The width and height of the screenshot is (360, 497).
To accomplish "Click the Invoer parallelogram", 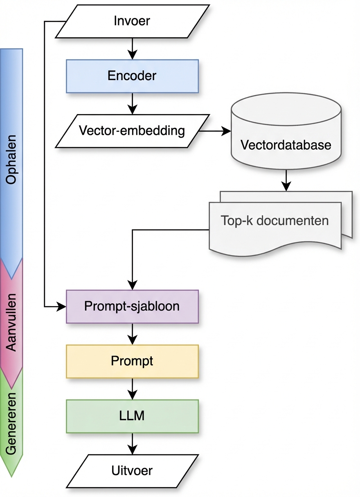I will [x=132, y=21].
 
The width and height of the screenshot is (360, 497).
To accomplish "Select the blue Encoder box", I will [x=132, y=76].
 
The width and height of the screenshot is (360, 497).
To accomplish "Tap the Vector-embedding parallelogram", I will [x=132, y=131].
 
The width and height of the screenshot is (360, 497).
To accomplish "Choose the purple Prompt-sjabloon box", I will [x=132, y=306].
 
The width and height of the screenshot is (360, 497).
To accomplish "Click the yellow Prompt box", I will [x=132, y=361].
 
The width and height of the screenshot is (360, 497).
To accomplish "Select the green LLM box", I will [x=132, y=416].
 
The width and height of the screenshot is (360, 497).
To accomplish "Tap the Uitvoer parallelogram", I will [x=132, y=470].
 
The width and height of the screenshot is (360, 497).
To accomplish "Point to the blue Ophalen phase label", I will [x=11, y=159].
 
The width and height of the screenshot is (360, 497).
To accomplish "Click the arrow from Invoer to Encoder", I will [x=132, y=48].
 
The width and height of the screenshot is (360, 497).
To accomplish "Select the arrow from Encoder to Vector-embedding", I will [x=132, y=103].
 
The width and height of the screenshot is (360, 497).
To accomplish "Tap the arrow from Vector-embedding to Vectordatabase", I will [x=215, y=131].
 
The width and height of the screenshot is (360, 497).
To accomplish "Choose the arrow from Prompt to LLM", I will [x=132, y=389].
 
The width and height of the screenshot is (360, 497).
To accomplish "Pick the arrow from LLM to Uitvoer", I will [x=132, y=443].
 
